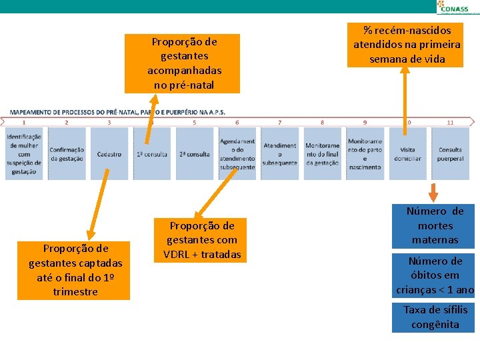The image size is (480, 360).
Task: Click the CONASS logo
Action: click(x=457, y=7)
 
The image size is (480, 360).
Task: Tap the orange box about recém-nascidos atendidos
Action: click(x=407, y=45)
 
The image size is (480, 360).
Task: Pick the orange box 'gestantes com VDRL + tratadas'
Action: click(x=202, y=240)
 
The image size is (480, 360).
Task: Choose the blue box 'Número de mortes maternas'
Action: click(x=435, y=225)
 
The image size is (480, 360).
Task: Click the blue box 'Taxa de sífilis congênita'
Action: click(x=435, y=317)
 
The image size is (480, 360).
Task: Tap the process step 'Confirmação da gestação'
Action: click(x=67, y=154)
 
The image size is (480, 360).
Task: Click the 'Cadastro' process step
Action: click(x=109, y=154)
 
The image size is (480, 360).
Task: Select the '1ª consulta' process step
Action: click(x=152, y=154)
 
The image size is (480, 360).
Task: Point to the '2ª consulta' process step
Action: click(x=195, y=154)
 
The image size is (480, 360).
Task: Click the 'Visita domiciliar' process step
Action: click(x=407, y=154)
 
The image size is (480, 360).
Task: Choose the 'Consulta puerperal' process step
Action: click(x=450, y=154)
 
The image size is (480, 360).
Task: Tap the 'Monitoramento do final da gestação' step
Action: click(x=322, y=154)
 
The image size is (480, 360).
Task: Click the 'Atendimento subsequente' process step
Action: click(x=280, y=154)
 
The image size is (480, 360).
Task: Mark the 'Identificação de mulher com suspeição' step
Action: click(x=24, y=154)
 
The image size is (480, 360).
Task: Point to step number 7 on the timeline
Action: click(x=280, y=123)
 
